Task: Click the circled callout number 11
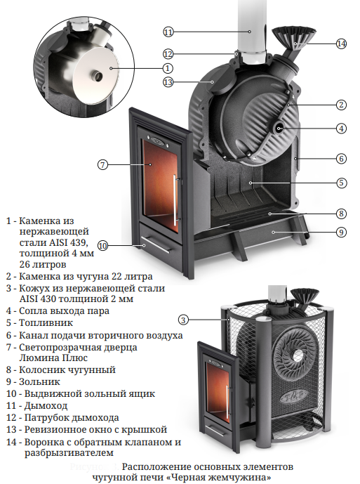coord(168,32)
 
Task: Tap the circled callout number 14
coord(341,44)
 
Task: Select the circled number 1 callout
coord(168,68)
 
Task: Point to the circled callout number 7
coord(102,164)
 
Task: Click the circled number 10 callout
coord(102,246)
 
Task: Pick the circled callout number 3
coord(183,320)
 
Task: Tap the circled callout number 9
coord(341,232)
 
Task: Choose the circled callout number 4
coord(341,129)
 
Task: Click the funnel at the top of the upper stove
coord(293,37)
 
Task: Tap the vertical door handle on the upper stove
coord(175,198)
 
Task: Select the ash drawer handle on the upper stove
coord(156,244)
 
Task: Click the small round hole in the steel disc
coord(98,75)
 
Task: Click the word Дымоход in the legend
coord(46,405)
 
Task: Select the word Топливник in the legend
coord(46,323)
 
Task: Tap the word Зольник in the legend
coord(39,382)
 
